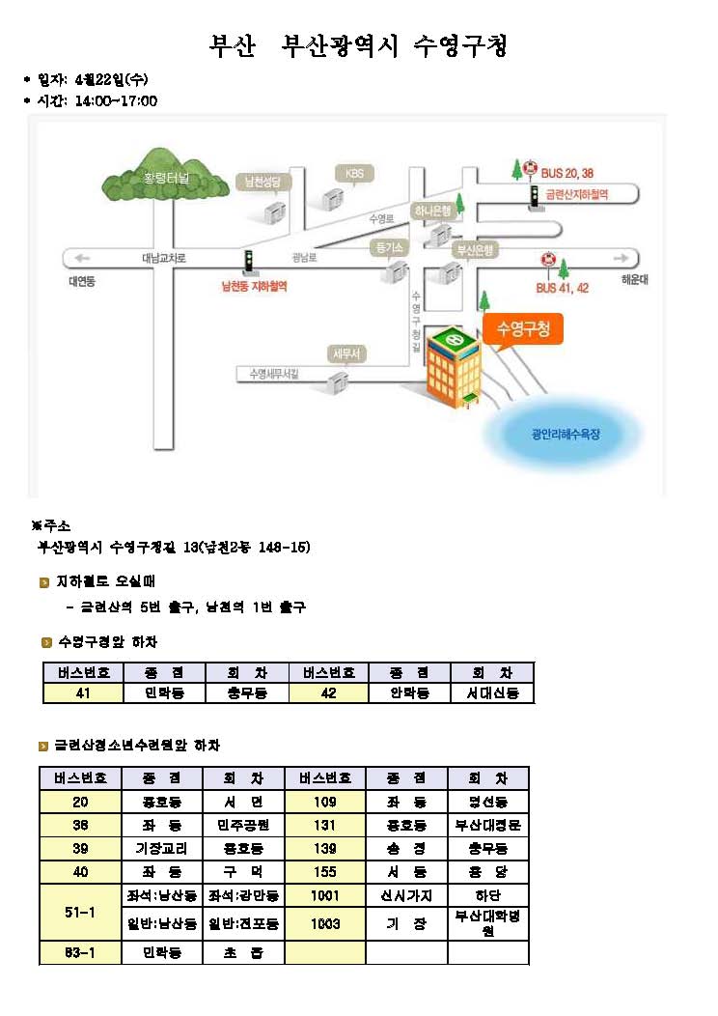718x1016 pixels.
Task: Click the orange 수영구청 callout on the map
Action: coord(522,330)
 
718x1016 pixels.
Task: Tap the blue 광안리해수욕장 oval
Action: coord(566,435)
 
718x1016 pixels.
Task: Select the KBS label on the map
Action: coord(353,173)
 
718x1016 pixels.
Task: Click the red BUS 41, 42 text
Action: coord(563,288)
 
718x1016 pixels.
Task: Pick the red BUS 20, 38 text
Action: coord(567,173)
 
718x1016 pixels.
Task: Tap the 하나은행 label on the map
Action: coord(432,210)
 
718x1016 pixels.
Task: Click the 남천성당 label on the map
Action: coord(262,181)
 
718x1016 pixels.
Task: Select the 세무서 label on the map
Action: coord(345,354)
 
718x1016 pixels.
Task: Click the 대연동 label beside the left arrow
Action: coord(82,281)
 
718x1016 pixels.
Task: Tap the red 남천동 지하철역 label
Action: coord(255,286)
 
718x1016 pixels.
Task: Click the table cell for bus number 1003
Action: coord(325,924)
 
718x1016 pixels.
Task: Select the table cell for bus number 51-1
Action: coord(81,911)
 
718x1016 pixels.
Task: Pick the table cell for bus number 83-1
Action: coord(81,953)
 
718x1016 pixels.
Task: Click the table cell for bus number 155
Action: coord(325,871)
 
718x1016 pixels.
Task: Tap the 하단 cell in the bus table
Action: coord(488,894)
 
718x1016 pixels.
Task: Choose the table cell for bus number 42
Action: coord(328,693)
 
